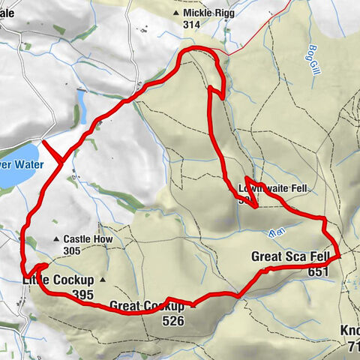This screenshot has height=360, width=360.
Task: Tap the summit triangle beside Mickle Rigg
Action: tap(176, 13)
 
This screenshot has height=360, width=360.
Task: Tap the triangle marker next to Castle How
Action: tap(57, 240)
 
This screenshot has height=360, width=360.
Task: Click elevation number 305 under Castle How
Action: tap(73, 250)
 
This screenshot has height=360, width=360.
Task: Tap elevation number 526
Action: tap(172, 320)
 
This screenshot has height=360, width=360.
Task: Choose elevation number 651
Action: tap(318, 272)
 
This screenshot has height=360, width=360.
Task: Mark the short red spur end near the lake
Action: tap(43, 142)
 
